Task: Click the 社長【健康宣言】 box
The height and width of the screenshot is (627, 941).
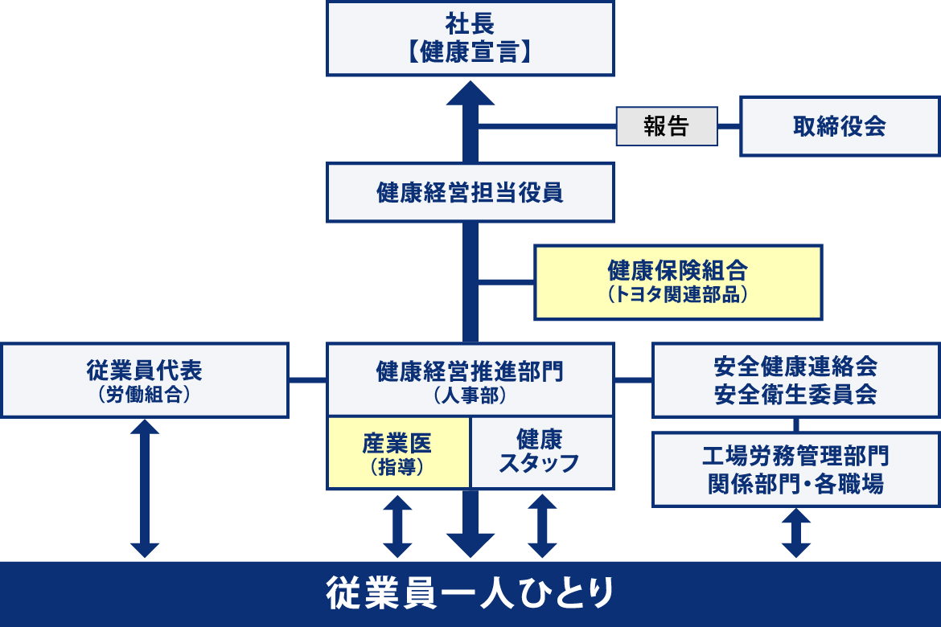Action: pos(470,38)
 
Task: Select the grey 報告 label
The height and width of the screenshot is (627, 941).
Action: pos(667,126)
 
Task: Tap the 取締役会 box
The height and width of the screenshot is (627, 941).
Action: pos(840,126)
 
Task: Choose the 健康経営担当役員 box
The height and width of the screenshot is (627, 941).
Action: pos(470,192)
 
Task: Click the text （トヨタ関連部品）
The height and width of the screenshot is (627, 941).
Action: pos(679,294)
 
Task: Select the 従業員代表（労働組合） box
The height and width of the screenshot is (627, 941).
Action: pos(145,380)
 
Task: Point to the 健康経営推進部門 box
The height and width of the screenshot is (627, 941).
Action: pos(470,379)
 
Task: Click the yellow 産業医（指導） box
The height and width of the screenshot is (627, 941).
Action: pos(398,453)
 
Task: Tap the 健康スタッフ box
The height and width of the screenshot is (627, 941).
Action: pos(541,453)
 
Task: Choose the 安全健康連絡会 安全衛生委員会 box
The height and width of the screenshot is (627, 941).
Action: pos(795,380)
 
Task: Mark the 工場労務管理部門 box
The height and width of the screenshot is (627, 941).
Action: pos(795,470)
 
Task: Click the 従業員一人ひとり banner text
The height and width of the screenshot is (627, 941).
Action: pos(470,594)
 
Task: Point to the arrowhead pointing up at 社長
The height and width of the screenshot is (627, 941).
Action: pos(470,95)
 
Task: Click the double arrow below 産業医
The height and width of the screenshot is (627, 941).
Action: pos(398,526)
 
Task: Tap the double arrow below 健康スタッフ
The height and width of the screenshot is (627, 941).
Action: pos(542,526)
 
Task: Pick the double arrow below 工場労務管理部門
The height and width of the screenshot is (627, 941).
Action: pos(795,533)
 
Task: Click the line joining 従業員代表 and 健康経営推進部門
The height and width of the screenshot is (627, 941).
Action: pos(307,379)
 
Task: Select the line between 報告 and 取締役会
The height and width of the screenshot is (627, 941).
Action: pos(729,126)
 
